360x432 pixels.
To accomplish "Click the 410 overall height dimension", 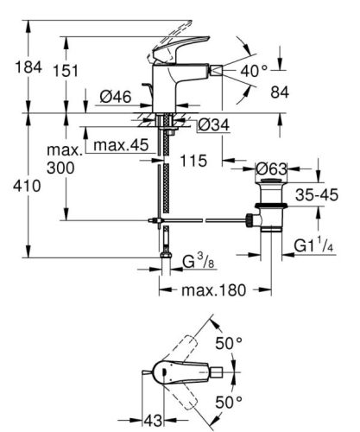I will pos(17,207).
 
